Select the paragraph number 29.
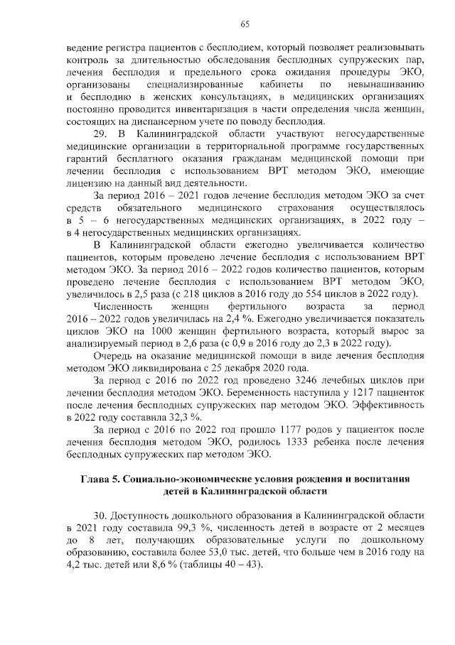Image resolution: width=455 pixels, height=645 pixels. tap(102, 134)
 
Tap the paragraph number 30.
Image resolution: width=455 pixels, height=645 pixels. tap(102, 514)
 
